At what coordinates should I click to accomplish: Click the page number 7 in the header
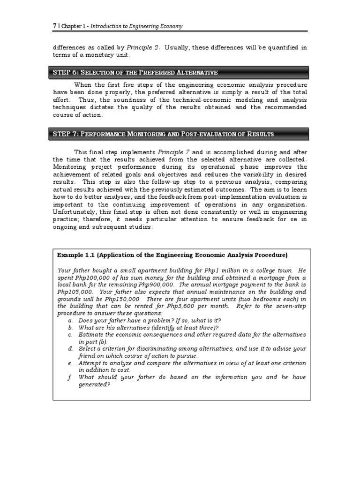[x=54, y=26]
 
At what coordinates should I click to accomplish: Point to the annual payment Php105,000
[x=73, y=292]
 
